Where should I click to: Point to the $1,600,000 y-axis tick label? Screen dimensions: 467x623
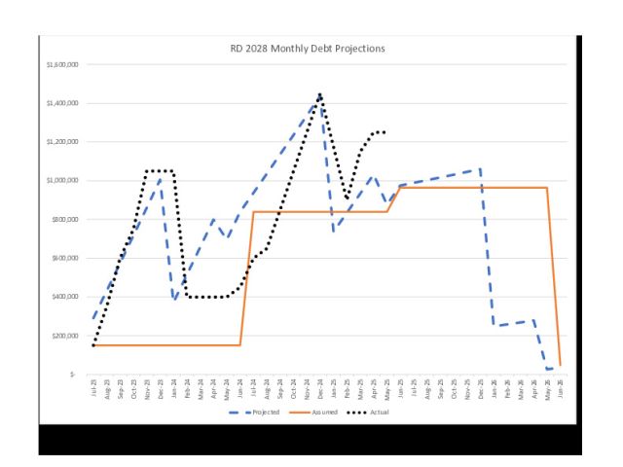[63, 64]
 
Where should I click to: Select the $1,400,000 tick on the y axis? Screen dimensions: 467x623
[63, 103]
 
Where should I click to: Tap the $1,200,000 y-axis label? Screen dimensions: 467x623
[63, 142]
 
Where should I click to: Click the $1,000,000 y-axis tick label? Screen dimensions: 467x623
[63, 181]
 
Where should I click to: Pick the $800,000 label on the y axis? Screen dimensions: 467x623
[66, 220]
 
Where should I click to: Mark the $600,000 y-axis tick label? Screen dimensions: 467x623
[66, 258]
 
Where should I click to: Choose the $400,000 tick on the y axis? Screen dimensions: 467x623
[66, 297]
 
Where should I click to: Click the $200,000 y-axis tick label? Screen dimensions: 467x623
[66, 336]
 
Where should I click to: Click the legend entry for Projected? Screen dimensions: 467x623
[260, 413]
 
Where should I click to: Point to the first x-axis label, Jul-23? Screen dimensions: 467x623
[93, 387]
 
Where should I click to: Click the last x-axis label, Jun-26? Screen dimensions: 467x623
[560, 387]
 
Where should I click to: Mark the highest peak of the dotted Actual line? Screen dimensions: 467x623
[319, 95]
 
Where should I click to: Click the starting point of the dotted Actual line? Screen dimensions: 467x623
[93, 344]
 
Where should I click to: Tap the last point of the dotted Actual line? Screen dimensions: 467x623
[385, 132]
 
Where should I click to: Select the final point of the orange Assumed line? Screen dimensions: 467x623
[560, 365]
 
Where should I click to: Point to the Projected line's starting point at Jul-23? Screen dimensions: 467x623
[93, 318]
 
